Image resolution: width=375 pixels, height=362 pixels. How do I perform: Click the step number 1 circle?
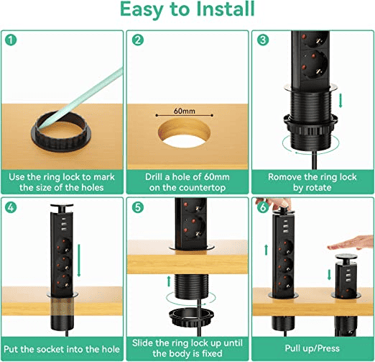point(11,40)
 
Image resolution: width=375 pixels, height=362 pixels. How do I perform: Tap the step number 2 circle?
point(138,40)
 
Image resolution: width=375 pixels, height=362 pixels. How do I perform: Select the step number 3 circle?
point(263,40)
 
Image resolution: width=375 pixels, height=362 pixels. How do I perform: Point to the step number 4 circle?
point(11,207)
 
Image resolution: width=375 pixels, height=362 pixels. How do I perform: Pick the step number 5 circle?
point(138,207)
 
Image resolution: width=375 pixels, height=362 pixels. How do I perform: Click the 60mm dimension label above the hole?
point(185,111)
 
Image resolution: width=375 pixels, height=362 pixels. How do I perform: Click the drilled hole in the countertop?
point(184,132)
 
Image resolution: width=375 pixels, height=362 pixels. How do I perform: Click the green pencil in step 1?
point(81,97)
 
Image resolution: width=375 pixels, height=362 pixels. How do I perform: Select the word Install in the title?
point(225,9)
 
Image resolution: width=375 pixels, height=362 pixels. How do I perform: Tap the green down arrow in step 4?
point(79,261)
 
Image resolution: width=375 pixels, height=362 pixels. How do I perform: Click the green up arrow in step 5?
point(169,281)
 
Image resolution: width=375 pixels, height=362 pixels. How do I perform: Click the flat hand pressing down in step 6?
point(351,243)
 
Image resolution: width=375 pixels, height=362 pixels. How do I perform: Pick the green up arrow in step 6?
point(266,250)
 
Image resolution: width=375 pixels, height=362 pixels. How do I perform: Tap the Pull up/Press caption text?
point(312,348)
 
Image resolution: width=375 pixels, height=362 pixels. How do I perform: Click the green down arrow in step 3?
point(341,101)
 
